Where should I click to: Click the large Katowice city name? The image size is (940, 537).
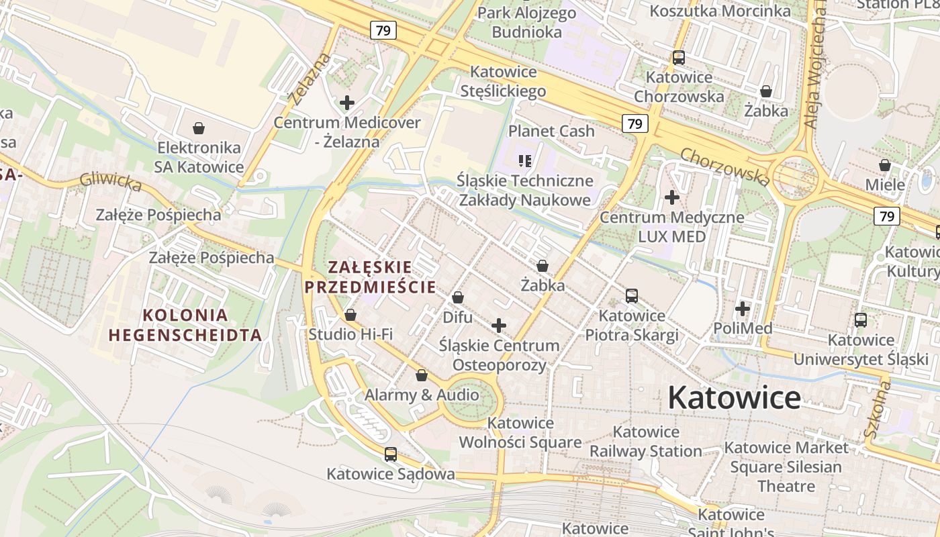(x=734, y=398)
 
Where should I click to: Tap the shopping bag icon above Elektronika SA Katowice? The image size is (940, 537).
(x=198, y=128)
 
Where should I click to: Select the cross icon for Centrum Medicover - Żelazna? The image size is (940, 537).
(x=346, y=103)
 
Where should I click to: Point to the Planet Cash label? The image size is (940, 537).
(x=551, y=131)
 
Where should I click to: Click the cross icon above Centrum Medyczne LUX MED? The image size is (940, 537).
(x=671, y=197)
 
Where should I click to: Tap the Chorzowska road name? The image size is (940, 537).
(x=725, y=166)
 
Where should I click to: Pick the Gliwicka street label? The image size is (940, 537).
(x=111, y=181)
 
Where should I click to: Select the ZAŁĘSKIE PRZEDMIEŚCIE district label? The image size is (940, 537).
(x=371, y=277)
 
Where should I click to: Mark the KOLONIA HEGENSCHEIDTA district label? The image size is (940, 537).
(x=185, y=325)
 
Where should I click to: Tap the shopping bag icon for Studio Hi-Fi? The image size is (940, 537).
(x=350, y=314)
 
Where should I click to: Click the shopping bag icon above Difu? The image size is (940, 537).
(x=457, y=297)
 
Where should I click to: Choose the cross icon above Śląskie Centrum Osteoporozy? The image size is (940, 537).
(x=498, y=326)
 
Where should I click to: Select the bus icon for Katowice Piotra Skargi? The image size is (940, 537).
(x=631, y=295)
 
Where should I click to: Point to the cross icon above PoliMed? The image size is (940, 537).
(x=742, y=309)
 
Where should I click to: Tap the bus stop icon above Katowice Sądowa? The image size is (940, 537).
(x=390, y=454)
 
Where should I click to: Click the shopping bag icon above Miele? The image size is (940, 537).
(x=885, y=165)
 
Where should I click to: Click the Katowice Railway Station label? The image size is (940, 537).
(x=646, y=441)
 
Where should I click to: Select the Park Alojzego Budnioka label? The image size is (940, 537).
(x=526, y=22)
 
